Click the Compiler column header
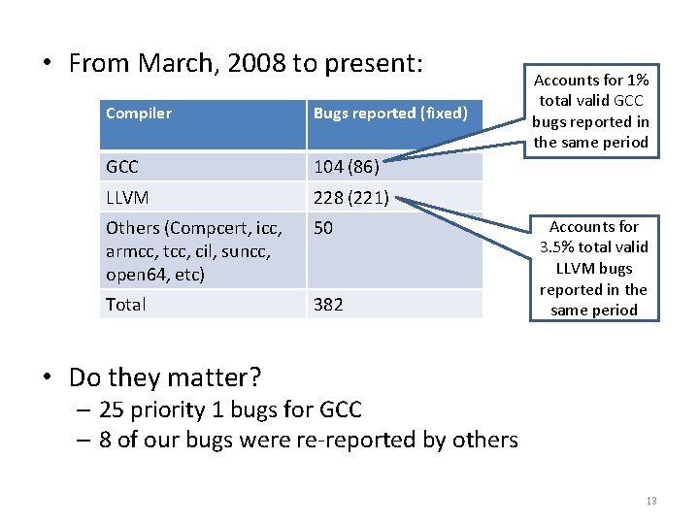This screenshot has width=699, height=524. point(139,114)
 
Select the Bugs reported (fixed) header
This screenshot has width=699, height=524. point(390,114)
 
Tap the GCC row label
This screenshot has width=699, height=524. point(122,167)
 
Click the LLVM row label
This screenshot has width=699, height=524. point(127,198)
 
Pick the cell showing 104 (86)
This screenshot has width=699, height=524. point(346,167)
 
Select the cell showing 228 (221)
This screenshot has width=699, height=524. point(351,198)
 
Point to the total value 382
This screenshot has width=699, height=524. point(328,305)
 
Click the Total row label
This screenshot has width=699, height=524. point(126,305)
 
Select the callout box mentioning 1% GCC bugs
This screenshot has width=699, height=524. point(590,111)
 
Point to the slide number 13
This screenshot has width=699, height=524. point(650,501)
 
